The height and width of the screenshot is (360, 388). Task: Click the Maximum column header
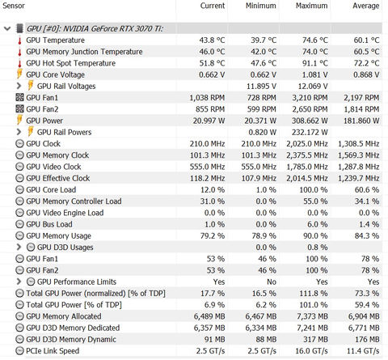tap(312, 6)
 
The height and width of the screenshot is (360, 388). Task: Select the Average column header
tap(366, 6)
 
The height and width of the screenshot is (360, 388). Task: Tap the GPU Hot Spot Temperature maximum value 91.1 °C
tap(315, 63)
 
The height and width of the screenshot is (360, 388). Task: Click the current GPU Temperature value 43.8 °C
tap(212, 40)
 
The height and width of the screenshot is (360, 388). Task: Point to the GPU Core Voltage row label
tap(55, 74)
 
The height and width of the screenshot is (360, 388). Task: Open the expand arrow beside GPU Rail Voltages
tap(19, 86)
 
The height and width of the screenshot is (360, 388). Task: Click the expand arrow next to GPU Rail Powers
tap(19, 132)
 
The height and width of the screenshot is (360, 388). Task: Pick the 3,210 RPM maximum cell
tap(310, 98)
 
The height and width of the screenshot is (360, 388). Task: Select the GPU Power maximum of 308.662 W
tap(310, 121)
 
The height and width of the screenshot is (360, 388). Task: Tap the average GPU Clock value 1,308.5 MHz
tap(359, 144)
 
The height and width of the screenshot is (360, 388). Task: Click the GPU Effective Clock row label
tap(58, 178)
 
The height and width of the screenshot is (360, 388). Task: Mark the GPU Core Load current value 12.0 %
tap(213, 190)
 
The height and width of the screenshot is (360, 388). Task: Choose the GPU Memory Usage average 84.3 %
tap(367, 236)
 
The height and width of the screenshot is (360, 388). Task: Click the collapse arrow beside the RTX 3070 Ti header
tap(7, 28)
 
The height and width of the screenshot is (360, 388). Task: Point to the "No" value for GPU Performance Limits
tap(272, 282)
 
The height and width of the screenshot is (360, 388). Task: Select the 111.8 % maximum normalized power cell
tap(314, 294)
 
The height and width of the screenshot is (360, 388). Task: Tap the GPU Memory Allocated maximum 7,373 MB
tap(313, 316)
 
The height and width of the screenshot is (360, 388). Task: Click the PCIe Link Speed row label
tap(53, 351)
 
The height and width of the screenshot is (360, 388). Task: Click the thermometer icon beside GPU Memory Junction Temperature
tap(19, 52)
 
